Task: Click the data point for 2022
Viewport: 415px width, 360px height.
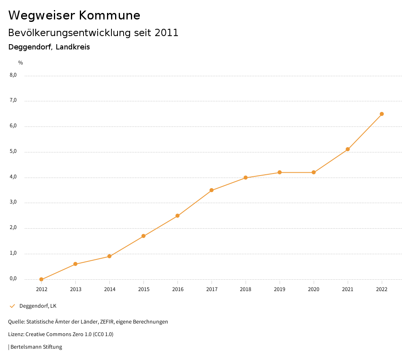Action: pyautogui.click(x=382, y=114)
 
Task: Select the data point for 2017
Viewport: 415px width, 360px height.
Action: pyautogui.click(x=212, y=190)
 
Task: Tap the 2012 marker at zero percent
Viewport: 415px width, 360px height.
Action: pyautogui.click(x=41, y=279)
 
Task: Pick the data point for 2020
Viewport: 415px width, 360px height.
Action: pyautogui.click(x=314, y=172)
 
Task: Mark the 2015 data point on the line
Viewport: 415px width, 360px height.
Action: pyautogui.click(x=143, y=236)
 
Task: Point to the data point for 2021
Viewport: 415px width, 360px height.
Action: pyautogui.click(x=348, y=149)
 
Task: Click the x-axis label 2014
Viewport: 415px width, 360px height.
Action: pyautogui.click(x=109, y=289)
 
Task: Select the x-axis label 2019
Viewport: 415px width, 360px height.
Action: pyautogui.click(x=280, y=289)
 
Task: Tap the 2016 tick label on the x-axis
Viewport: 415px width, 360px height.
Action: pyautogui.click(x=178, y=289)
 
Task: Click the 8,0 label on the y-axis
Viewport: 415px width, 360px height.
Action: pyautogui.click(x=13, y=75)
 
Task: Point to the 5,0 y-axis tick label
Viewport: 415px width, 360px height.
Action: pyautogui.click(x=13, y=152)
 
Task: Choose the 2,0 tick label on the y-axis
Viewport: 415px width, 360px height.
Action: pyautogui.click(x=13, y=228)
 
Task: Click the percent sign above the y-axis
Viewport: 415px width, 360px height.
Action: pyautogui.click(x=21, y=63)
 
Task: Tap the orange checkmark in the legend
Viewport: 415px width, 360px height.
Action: pyautogui.click(x=12, y=306)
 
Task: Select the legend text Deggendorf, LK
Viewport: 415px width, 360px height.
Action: pyautogui.click(x=38, y=306)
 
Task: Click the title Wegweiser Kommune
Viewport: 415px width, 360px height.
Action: pyautogui.click(x=74, y=15)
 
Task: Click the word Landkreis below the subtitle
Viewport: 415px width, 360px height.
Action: pyautogui.click(x=73, y=47)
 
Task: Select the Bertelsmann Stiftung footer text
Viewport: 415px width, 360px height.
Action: pyautogui.click(x=36, y=347)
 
